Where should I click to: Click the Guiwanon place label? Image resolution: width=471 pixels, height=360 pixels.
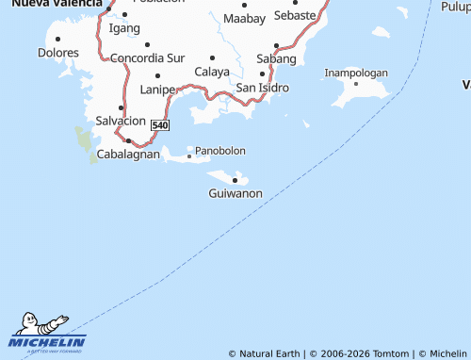tap(235, 193)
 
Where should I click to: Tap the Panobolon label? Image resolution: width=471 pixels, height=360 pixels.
tap(220, 151)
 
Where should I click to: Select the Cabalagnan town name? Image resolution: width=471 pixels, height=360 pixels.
tap(128, 154)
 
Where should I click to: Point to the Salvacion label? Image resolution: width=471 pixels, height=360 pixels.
tap(121, 121)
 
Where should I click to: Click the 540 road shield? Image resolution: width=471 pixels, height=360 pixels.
tap(159, 125)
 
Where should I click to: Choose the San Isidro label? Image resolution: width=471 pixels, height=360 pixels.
tap(262, 88)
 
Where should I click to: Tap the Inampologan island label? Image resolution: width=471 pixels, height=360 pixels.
tap(356, 73)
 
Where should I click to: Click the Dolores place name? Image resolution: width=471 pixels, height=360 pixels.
tap(58, 53)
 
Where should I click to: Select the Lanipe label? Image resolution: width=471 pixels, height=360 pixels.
tap(157, 89)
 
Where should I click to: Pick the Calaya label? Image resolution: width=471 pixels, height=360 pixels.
tap(212, 72)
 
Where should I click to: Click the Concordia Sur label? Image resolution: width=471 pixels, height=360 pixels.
tap(147, 58)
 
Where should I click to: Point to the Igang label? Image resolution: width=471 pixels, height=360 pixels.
tap(124, 28)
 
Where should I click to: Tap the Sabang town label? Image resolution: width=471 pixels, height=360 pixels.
tap(276, 58)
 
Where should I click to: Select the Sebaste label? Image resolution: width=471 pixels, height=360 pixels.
tap(295, 16)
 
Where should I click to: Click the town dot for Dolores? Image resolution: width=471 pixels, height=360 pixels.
tap(58, 39)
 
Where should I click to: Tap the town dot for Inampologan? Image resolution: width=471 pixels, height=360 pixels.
tap(356, 84)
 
